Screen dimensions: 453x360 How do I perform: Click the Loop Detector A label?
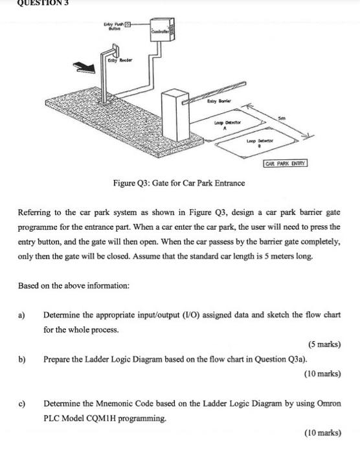[227, 124]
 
